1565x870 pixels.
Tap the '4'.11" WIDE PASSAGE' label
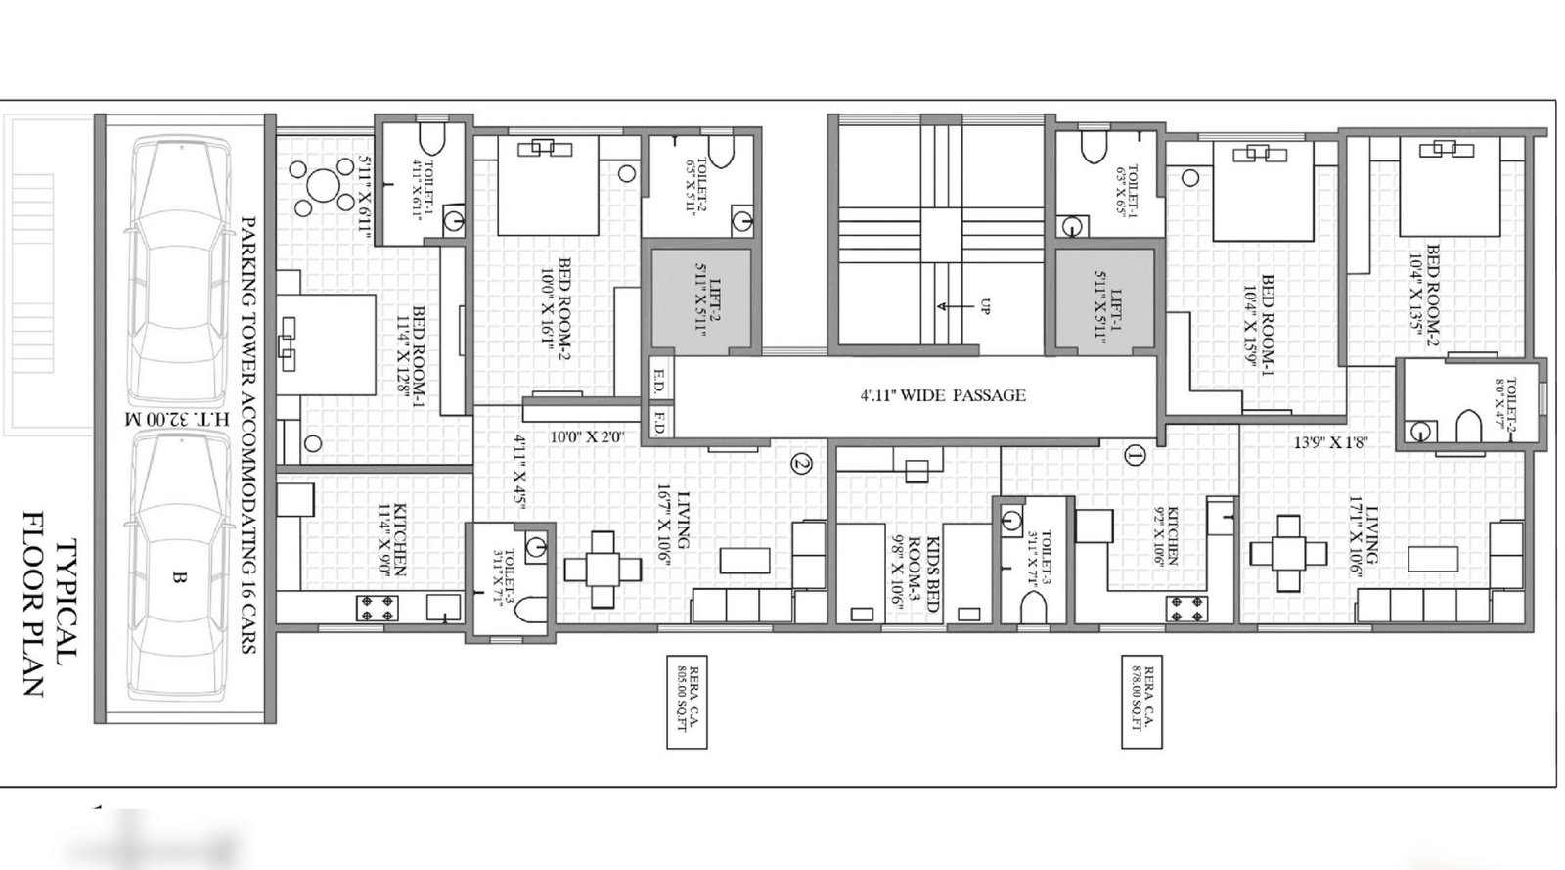[943, 396]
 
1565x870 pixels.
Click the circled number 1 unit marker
[1135, 455]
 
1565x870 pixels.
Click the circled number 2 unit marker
[801, 464]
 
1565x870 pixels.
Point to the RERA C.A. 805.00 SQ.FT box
[686, 702]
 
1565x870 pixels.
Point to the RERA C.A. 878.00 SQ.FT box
[1142, 702]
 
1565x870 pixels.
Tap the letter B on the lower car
[179, 578]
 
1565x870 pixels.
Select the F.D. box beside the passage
[659, 425]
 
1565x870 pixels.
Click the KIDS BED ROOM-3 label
[918, 574]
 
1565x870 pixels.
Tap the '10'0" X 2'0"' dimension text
[587, 436]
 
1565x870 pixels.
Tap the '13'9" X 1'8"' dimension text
[1330, 442]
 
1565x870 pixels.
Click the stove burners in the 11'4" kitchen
[378, 607]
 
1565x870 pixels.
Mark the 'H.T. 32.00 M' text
[186, 419]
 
